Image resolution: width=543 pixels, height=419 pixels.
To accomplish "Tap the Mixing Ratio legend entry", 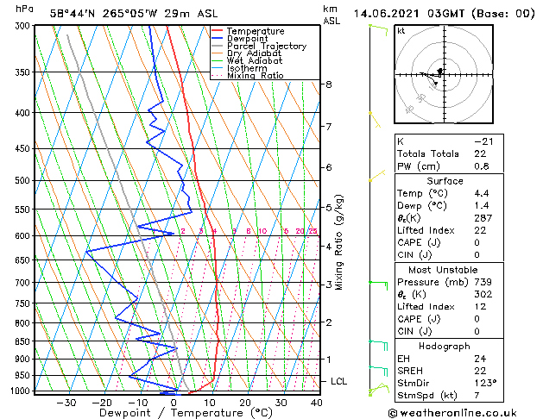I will (x=255, y=76).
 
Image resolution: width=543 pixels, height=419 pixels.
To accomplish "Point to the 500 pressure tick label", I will (x=22, y=181).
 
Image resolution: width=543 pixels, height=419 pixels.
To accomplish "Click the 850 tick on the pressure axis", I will (x=22, y=341).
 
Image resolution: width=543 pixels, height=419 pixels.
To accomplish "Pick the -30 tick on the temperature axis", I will (x=66, y=403).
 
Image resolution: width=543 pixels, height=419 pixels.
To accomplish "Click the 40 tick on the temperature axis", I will (x=317, y=403).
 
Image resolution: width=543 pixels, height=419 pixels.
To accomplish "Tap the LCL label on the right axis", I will (x=339, y=381).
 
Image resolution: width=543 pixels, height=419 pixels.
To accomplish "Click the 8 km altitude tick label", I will (x=329, y=84).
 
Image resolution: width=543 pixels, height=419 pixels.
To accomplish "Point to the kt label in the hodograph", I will (x=401, y=31).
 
